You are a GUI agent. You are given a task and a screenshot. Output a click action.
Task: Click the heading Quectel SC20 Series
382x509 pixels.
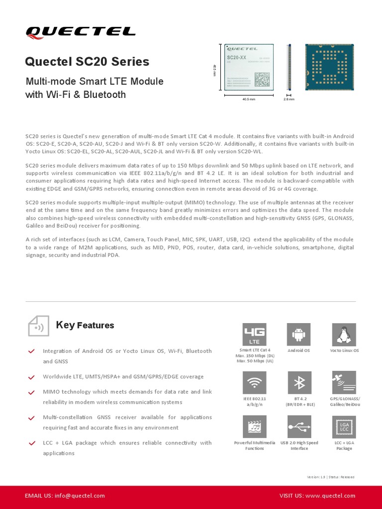click(x=87, y=62)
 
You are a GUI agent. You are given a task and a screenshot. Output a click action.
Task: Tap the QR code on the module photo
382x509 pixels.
click(x=262, y=79)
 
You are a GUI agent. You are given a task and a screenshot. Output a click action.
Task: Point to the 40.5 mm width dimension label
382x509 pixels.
click(x=249, y=99)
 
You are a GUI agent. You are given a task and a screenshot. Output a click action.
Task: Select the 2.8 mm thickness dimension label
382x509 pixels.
click(x=289, y=99)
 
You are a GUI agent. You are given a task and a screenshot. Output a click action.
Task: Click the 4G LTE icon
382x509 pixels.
click(x=254, y=334)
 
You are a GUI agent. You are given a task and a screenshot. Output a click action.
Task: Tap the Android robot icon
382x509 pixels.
click(x=299, y=334)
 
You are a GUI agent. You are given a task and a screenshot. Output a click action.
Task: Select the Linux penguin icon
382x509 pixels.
click(x=344, y=334)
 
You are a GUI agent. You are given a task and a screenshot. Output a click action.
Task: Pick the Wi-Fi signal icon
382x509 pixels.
click(x=254, y=382)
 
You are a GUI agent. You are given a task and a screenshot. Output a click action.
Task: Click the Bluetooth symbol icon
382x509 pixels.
click(x=299, y=382)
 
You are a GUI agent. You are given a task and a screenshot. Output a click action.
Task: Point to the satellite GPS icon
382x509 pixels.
click(x=344, y=382)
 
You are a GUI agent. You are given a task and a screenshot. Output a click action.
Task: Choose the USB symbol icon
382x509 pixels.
click(x=299, y=427)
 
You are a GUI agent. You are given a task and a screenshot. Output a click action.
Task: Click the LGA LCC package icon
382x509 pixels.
click(x=344, y=427)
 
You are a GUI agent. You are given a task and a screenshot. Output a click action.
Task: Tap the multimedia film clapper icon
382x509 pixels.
click(x=254, y=427)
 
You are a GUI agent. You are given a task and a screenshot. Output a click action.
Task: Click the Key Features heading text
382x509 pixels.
click(x=85, y=325)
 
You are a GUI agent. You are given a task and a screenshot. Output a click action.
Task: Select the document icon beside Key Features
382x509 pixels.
click(x=38, y=325)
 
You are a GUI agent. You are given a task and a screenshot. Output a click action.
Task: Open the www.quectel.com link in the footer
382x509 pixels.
click(x=330, y=496)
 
